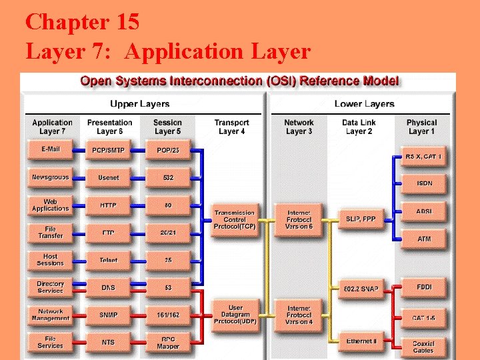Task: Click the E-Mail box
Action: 50,149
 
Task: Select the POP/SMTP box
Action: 109,150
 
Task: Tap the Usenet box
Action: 109,178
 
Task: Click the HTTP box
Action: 109,205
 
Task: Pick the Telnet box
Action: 109,261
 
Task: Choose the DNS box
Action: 109,288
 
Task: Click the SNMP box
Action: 109,315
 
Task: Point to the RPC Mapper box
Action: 168,343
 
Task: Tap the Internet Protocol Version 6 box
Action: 299,220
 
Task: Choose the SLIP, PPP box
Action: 361,219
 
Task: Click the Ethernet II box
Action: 361,342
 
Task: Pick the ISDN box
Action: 424,183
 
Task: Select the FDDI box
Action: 424,288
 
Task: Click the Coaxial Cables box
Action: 423,347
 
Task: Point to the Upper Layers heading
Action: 139,104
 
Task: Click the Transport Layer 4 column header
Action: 231,127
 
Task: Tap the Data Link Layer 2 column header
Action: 359,127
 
